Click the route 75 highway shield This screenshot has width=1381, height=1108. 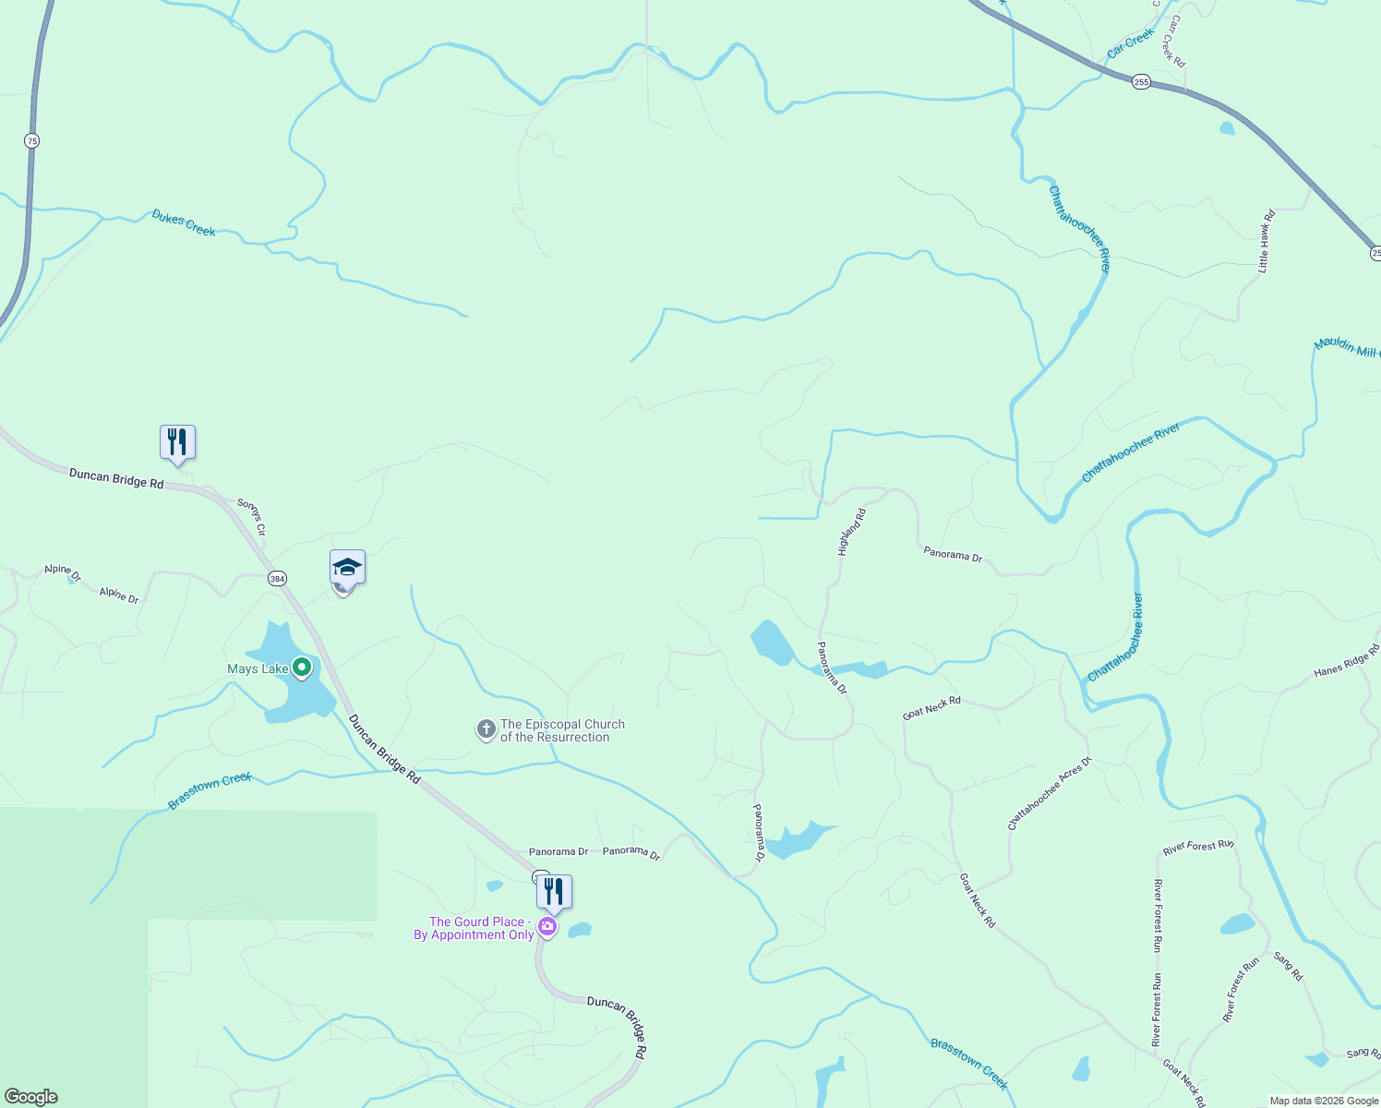pos(32,141)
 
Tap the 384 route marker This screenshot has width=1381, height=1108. pos(277,579)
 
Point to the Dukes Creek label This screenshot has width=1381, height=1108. pos(184,223)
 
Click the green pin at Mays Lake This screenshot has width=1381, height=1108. pos(301,667)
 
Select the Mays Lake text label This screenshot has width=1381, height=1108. pos(258,669)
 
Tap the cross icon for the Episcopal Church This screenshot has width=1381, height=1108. pos(486,730)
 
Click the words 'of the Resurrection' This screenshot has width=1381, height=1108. pos(555,738)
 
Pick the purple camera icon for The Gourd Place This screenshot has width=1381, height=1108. pos(547,927)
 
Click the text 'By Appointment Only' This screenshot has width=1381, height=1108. pos(474,935)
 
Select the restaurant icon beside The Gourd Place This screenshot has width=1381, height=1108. pos(554,892)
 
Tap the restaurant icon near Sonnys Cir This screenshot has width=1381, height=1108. pos(177,443)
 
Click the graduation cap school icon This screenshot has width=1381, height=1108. pos(347,567)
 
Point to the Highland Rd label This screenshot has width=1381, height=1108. pos(852,532)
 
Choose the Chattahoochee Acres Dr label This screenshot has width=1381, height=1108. pos(1050,793)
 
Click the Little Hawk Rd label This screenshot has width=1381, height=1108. pos(1267,241)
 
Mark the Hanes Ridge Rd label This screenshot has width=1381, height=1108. pos(1347,660)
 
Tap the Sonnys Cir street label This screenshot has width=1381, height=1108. pos(251,517)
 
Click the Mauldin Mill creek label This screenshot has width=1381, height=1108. pos(1346,347)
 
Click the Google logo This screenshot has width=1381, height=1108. pos(31,1097)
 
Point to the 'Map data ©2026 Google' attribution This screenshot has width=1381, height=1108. pos(1324,1101)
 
